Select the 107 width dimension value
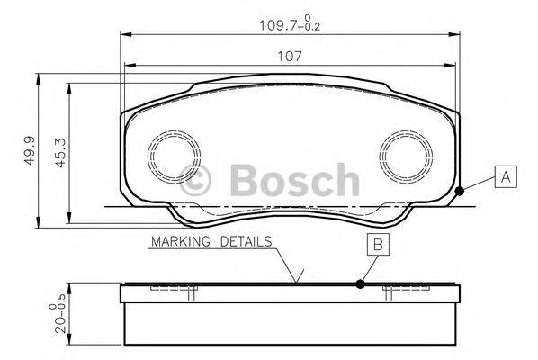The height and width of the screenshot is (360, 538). tap(288, 56)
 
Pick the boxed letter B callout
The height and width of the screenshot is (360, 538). tap(378, 243)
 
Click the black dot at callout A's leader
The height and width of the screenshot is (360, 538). tap(461, 190)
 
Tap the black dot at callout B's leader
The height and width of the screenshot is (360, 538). tap(361, 284)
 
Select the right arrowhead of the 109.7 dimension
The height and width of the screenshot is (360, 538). tap(453, 34)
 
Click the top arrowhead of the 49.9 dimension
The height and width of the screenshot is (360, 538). tap(39, 77)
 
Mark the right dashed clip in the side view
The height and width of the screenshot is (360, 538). tap(403, 290)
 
